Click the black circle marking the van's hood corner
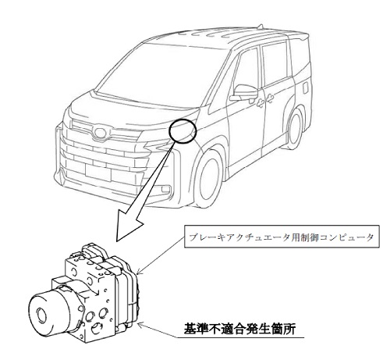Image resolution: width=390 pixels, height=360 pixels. [x=169, y=131]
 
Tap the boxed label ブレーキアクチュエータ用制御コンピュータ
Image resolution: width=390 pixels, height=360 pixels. [x=282, y=236]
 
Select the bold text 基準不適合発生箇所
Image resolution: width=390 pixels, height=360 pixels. [x=239, y=329]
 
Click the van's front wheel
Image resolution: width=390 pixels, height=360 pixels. [x=207, y=177]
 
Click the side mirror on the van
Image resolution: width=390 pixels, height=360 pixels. [x=244, y=92]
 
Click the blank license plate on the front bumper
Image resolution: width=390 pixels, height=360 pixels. [x=98, y=173]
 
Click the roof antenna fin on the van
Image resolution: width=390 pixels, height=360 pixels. [x=261, y=27]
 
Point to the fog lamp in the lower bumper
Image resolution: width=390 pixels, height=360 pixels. [x=165, y=189]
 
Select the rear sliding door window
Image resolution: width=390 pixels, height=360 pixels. [x=275, y=62]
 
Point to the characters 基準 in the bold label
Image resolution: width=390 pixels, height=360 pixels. [x=196, y=329]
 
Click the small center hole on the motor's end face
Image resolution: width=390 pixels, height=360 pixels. [x=41, y=315]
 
